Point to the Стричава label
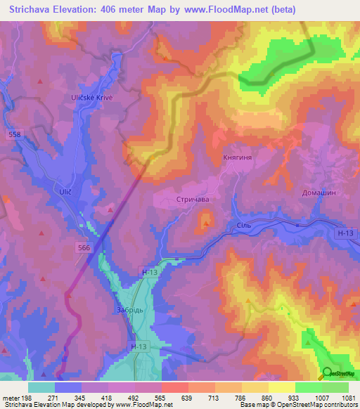pos(193,200)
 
